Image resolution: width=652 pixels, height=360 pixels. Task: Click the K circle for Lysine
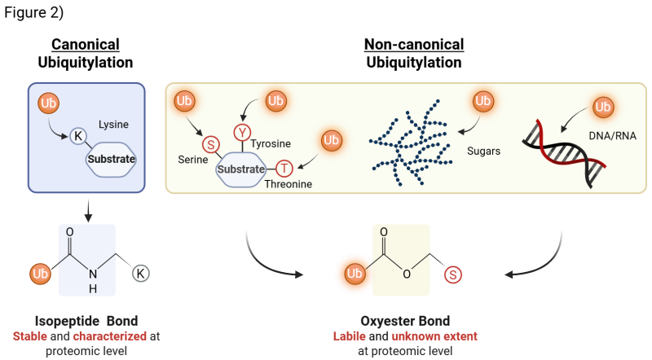[x=77, y=135]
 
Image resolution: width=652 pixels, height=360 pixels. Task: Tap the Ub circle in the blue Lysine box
[x=49, y=103]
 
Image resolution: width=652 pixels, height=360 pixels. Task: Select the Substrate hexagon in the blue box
[x=111, y=159]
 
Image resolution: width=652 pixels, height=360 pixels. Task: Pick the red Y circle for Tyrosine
[x=243, y=132]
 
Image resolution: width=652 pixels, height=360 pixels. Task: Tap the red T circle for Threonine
[x=284, y=169]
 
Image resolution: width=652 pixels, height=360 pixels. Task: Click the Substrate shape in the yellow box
[x=241, y=169]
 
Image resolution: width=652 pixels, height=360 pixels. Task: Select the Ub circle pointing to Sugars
[x=483, y=101]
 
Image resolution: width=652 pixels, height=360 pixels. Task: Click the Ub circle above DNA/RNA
[x=602, y=107]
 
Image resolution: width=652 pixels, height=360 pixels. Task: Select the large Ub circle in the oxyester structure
[x=355, y=274]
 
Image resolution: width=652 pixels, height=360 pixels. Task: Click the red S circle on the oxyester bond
[x=452, y=274]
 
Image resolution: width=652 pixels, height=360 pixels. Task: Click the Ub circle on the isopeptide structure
[x=40, y=274]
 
